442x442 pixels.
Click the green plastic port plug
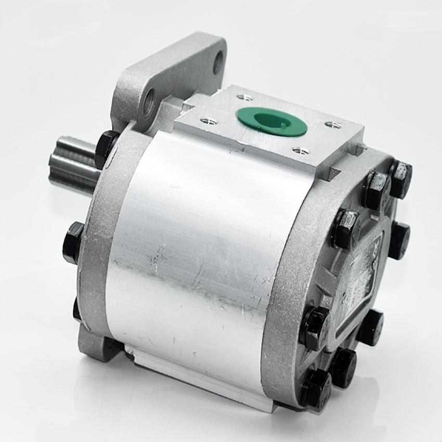(271, 122)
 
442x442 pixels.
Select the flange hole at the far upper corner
(218, 62)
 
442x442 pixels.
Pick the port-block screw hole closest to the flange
(244, 97)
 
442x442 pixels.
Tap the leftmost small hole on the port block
(209, 121)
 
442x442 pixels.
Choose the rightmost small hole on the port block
(333, 125)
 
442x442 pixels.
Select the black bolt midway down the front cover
(73, 242)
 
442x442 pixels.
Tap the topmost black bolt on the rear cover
(401, 178)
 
